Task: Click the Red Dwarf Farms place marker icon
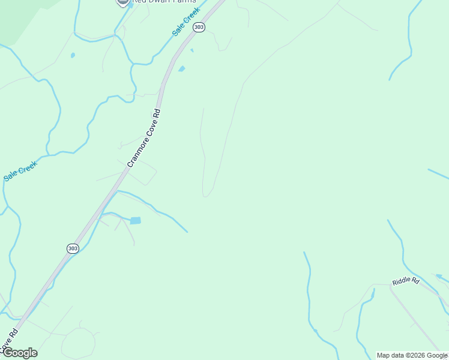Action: (123, 2)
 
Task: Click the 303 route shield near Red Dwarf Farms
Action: (199, 28)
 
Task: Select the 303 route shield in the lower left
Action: (73, 248)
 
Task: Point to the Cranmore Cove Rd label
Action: (144, 138)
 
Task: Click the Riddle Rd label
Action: (406, 281)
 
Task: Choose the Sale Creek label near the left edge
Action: (20, 171)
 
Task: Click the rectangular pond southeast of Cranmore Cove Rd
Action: (136, 221)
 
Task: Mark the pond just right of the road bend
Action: (181, 69)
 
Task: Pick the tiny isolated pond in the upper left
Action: (73, 55)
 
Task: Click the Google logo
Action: (19, 353)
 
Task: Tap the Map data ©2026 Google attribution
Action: (412, 355)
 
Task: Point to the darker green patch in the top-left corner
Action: (18, 18)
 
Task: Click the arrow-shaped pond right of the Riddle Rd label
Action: (440, 277)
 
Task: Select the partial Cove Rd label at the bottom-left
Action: (7, 340)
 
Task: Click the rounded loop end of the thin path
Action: (207, 193)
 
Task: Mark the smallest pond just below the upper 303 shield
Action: (191, 50)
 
